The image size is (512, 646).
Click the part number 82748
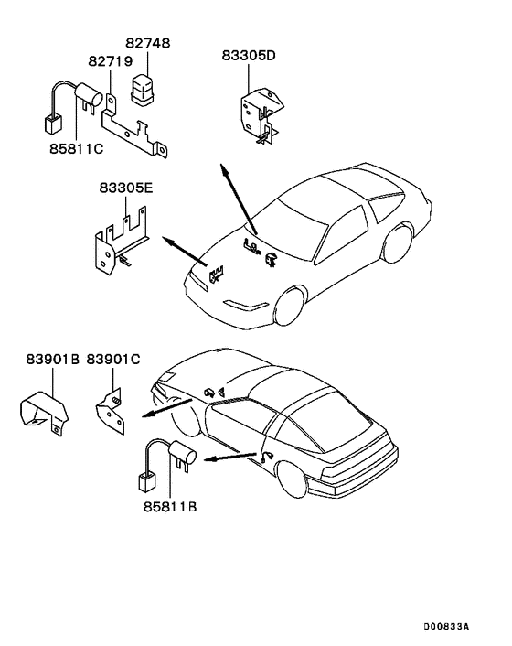click(x=147, y=44)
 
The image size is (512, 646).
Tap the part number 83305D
click(x=248, y=55)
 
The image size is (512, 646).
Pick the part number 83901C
click(x=113, y=359)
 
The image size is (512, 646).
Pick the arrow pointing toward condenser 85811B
click(x=229, y=458)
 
